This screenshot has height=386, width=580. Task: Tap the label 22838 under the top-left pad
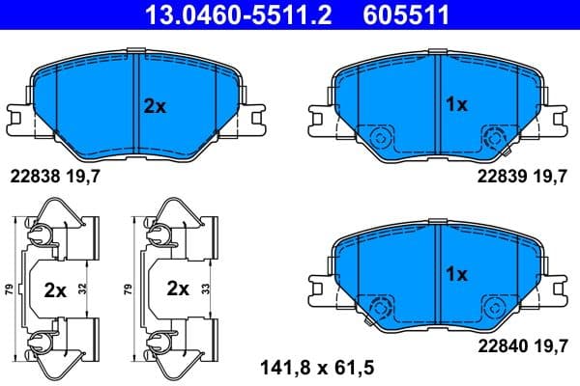[33, 176]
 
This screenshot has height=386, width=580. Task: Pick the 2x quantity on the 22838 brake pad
[155, 107]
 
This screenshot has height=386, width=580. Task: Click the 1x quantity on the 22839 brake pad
[455, 104]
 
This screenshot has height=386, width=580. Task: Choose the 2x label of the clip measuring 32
[56, 288]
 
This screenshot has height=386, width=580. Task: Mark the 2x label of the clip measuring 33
[178, 288]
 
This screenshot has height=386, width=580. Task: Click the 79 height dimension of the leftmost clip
[10, 288]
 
